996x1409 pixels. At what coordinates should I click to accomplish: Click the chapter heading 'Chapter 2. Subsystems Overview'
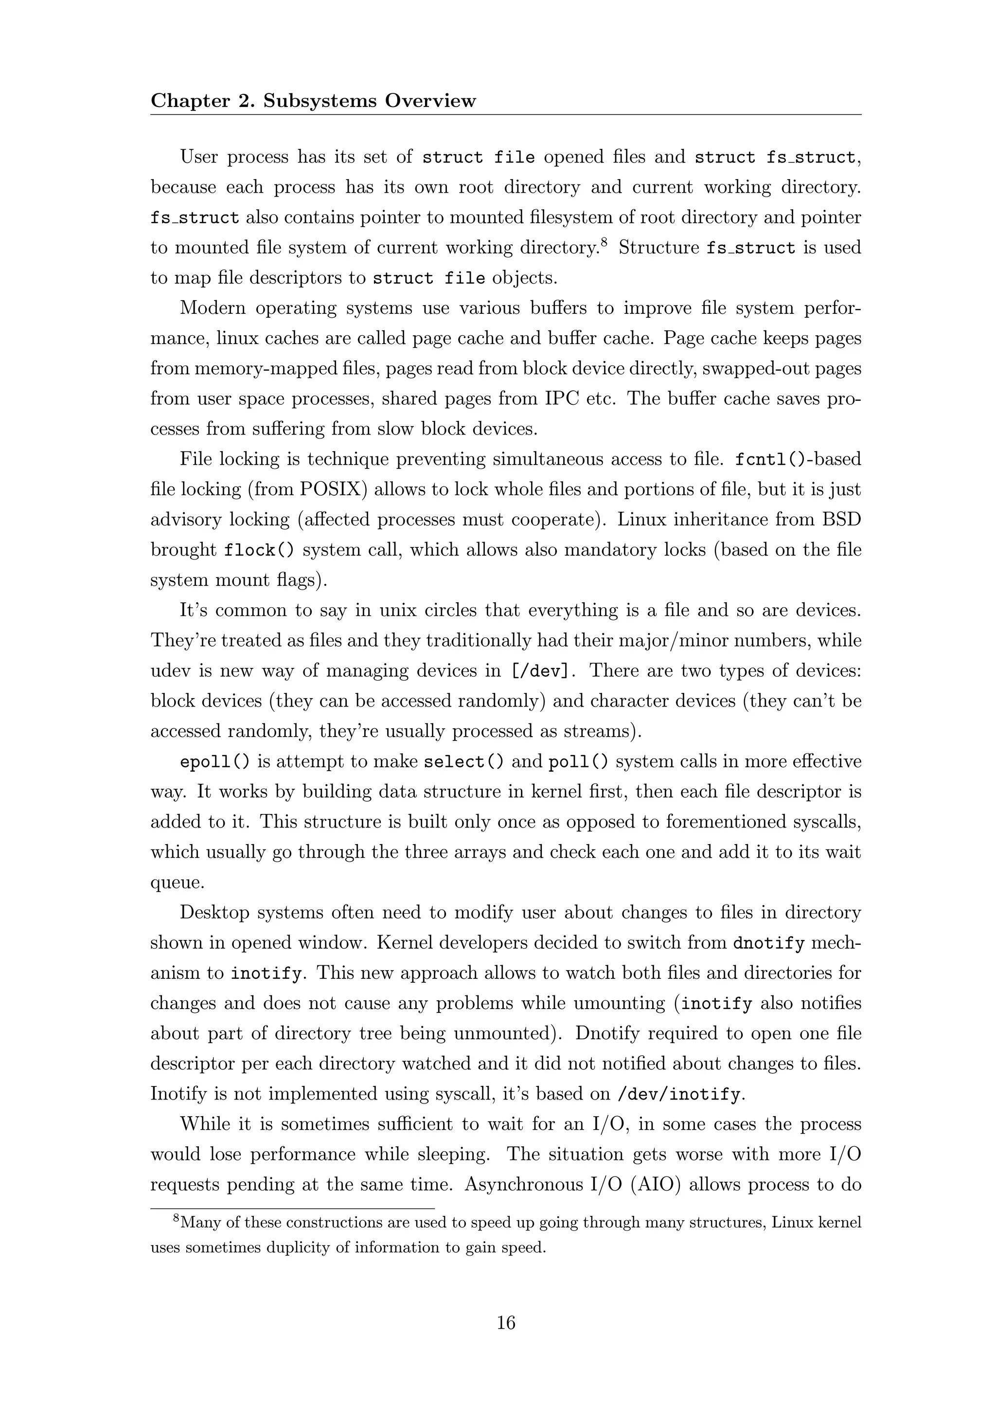tap(313, 101)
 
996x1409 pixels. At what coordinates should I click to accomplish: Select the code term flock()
tap(258, 550)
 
